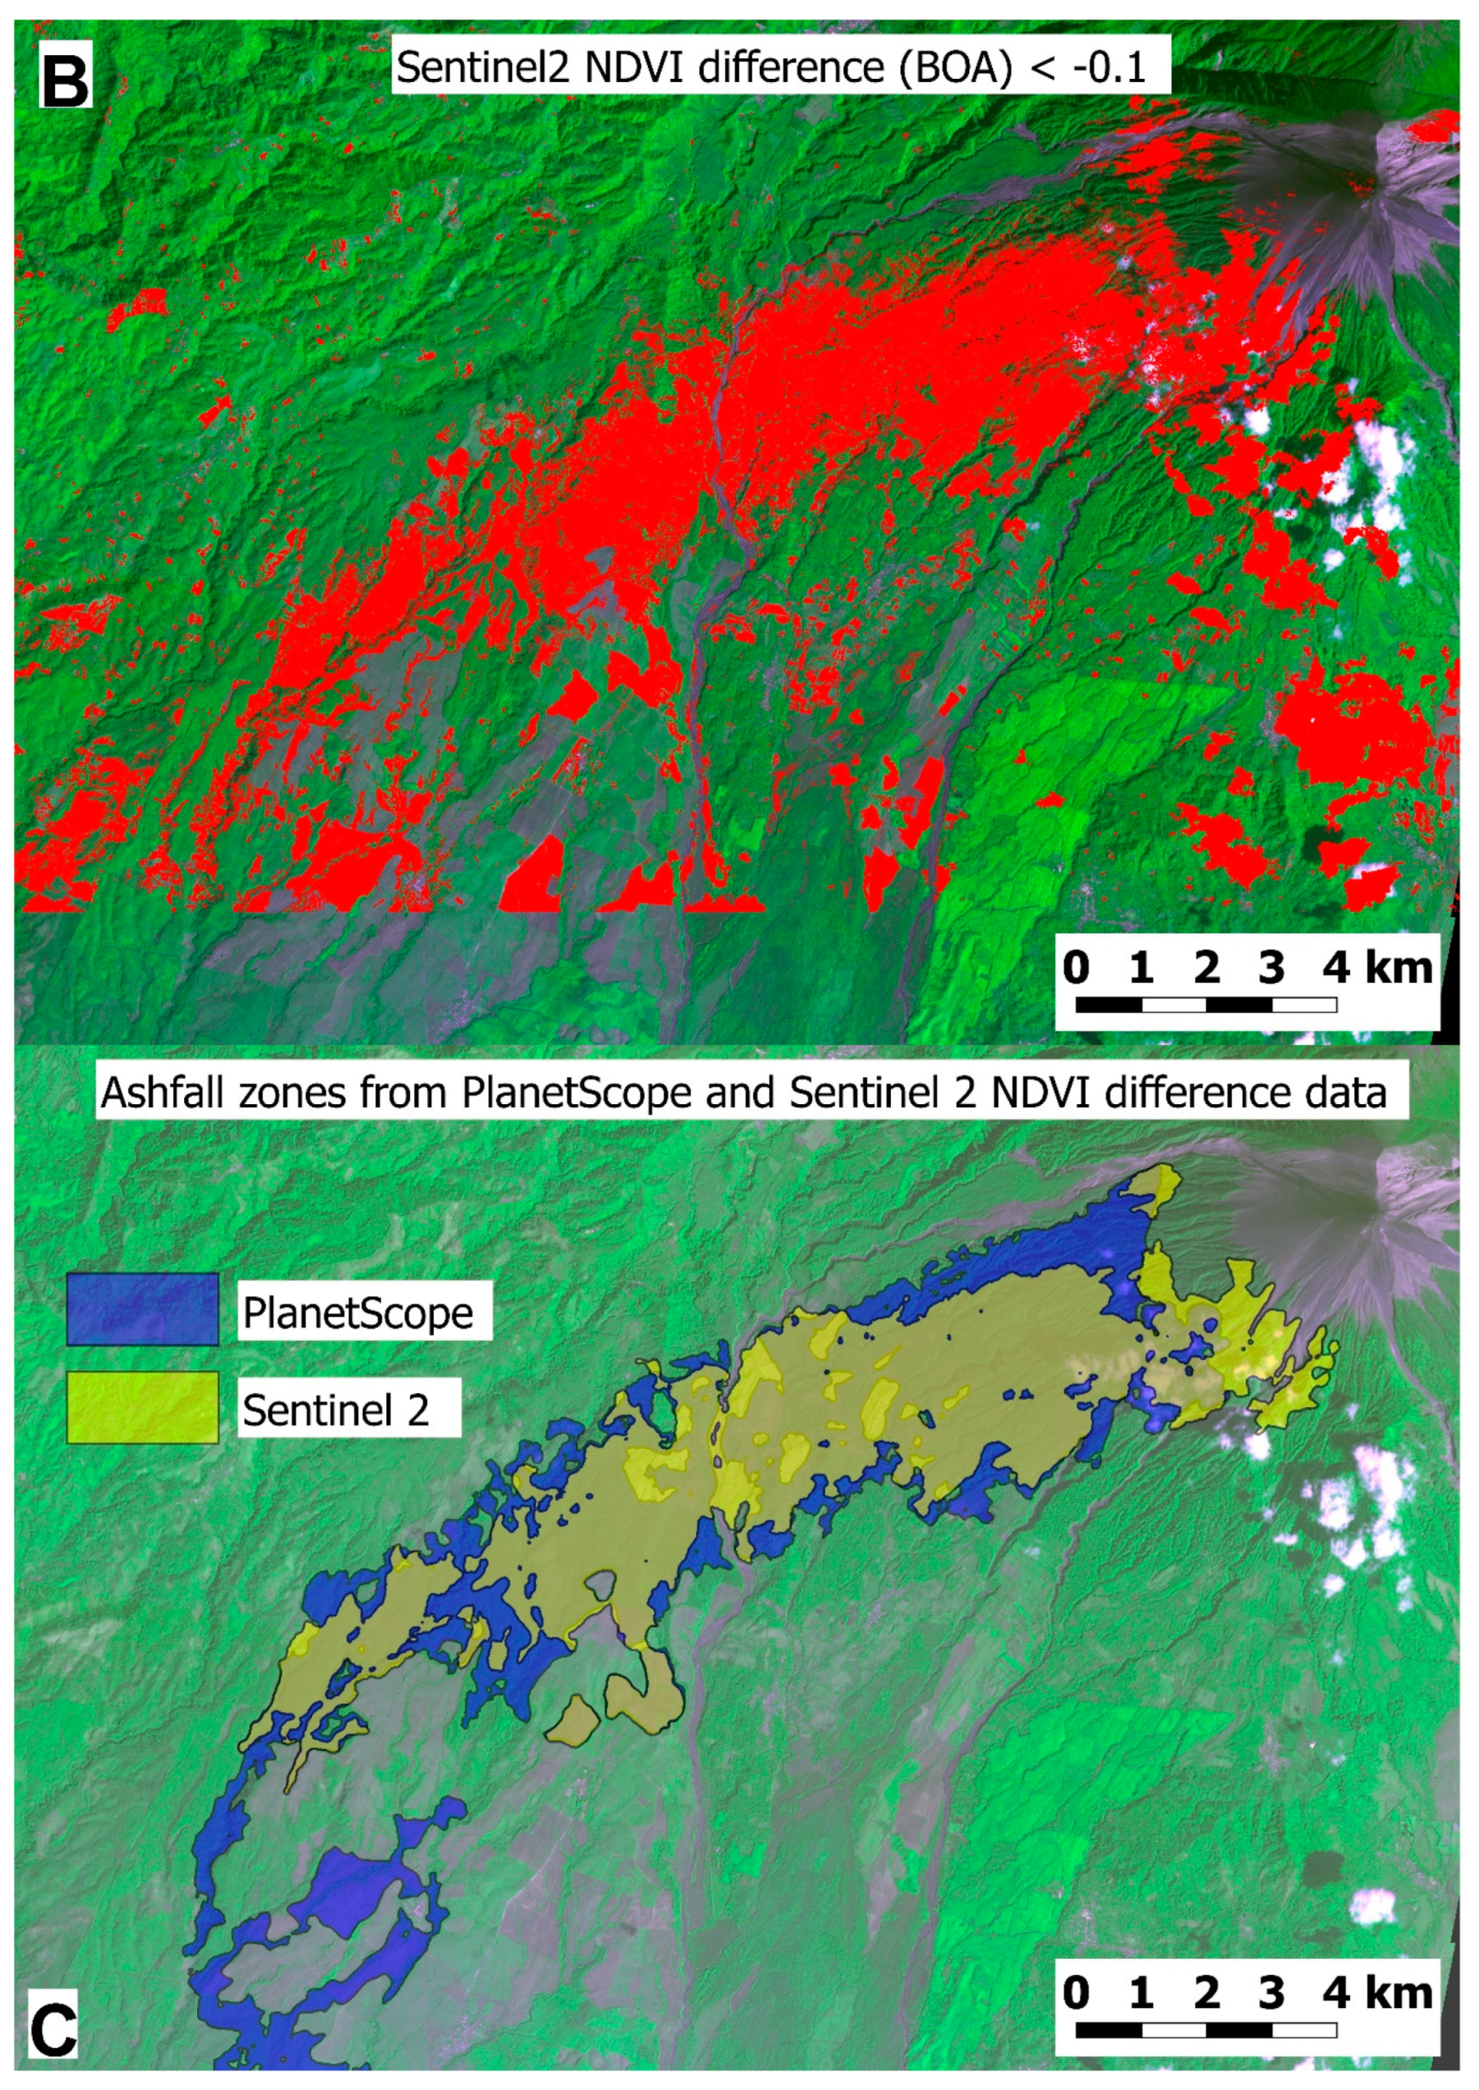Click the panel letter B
(x=66, y=80)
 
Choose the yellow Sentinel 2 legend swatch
(x=142, y=1407)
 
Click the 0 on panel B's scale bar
(x=1076, y=967)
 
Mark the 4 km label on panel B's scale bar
(x=1377, y=967)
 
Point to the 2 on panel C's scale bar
(x=1206, y=1992)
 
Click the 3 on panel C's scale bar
(x=1271, y=1992)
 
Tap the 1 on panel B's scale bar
(x=1141, y=967)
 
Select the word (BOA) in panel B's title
(x=953, y=68)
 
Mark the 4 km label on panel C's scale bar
(x=1377, y=1992)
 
